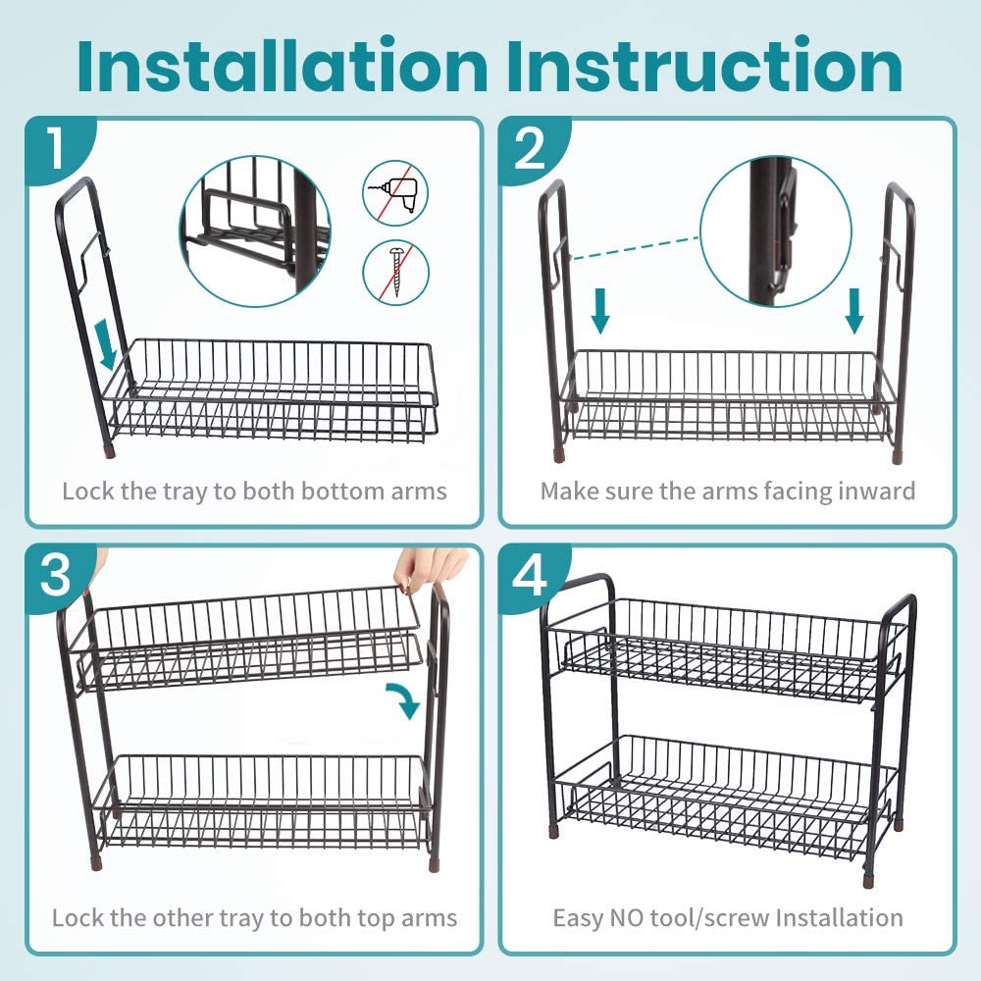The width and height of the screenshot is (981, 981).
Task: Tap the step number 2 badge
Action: [530, 148]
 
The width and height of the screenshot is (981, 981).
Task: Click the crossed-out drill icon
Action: [396, 193]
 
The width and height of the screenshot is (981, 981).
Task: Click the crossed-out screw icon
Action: [396, 272]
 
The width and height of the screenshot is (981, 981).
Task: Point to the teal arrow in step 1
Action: [108, 343]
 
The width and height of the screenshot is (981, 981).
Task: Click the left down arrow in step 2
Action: [600, 311]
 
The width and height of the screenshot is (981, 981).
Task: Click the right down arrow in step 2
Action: [854, 311]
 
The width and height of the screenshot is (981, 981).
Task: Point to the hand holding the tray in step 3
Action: [431, 569]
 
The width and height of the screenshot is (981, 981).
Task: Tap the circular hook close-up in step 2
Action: [776, 232]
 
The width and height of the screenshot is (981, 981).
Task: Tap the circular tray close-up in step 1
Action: [255, 232]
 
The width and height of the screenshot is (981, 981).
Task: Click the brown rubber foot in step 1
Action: [111, 451]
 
